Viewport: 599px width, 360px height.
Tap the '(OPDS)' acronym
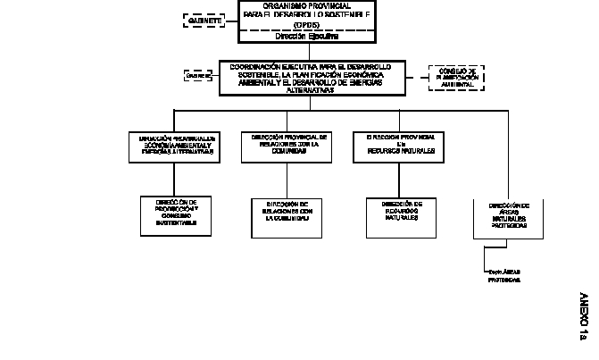(299, 25)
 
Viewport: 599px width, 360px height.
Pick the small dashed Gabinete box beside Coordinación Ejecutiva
(198, 77)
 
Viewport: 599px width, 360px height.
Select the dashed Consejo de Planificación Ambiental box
(458, 77)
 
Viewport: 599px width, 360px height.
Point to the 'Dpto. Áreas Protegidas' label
(503, 275)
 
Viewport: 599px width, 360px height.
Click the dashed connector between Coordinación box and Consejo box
(417, 77)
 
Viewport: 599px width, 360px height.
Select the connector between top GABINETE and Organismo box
(230, 19)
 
